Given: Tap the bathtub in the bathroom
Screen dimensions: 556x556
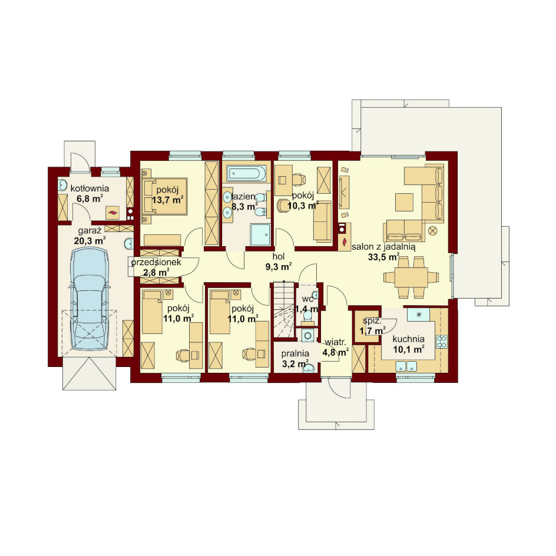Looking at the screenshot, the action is point(246,173).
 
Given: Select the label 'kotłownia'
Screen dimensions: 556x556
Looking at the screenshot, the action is point(90,188).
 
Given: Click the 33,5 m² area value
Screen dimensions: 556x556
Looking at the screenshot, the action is point(383,257).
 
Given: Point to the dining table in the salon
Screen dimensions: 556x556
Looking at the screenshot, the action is point(411,277).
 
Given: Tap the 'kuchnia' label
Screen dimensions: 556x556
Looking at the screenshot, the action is point(409,339).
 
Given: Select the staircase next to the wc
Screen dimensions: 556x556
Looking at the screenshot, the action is point(283,310).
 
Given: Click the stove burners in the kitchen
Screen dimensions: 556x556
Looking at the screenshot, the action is point(442,341).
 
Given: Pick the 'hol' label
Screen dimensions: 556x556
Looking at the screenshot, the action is point(279,256).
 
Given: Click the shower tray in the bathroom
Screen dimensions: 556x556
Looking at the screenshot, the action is point(260,234).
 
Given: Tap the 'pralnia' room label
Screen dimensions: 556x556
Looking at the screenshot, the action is point(295,354).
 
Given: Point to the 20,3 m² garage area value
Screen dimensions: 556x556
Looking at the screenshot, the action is point(90,241).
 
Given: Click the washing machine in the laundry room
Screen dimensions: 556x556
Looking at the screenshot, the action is point(307,335).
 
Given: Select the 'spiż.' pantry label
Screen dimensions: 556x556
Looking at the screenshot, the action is point(372,321).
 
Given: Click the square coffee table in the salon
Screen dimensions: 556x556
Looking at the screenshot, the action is point(404,202).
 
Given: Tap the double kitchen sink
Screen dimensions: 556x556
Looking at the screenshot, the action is point(406,366).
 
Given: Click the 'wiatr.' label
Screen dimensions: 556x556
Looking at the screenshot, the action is point(335,343).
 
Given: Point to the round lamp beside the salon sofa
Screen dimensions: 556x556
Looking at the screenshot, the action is point(432,231).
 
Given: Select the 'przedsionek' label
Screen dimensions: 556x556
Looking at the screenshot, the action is point(156,263).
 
